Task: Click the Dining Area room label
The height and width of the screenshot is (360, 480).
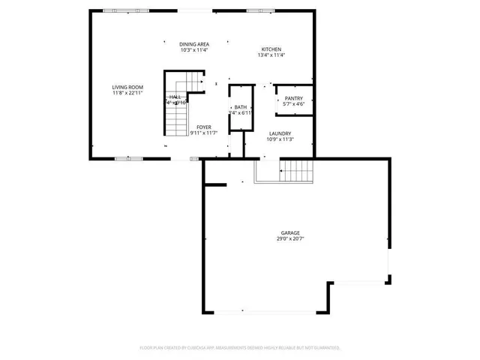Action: [193, 44]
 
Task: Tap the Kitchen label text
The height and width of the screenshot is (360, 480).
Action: [271, 49]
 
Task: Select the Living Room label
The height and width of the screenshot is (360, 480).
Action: [127, 88]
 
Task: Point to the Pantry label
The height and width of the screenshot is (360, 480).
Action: [293, 97]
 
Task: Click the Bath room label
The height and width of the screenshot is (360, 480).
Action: [241, 107]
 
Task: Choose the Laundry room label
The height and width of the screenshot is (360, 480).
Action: [280, 133]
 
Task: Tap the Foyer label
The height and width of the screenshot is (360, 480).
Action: [204, 127]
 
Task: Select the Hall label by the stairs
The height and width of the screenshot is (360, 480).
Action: [175, 97]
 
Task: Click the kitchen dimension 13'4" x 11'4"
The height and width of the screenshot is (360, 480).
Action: [271, 55]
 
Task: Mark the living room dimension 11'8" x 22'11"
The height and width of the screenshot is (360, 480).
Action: [127, 94]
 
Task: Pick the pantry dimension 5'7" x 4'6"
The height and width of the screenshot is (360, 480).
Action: [293, 103]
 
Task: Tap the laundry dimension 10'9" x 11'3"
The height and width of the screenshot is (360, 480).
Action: [280, 139]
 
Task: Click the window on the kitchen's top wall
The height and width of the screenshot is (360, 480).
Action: [259, 10]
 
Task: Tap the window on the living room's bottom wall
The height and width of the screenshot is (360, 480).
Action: [127, 158]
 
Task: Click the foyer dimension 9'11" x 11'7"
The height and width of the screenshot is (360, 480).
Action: [204, 133]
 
